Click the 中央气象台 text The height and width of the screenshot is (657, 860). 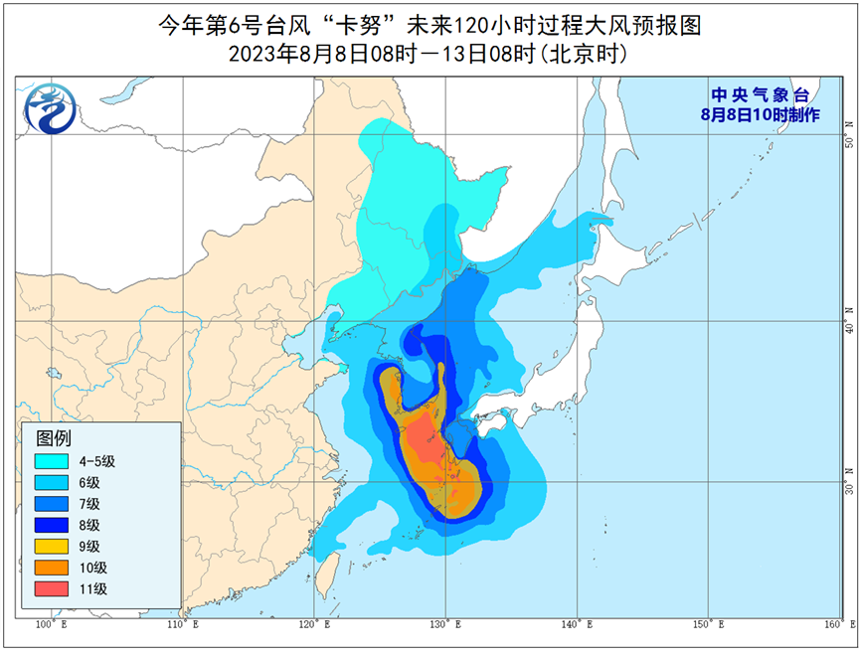tap(758, 95)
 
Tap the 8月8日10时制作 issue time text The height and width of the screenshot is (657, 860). tap(758, 114)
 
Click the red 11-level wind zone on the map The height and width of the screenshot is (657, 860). tap(425, 440)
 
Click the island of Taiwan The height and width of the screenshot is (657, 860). tap(324, 576)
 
